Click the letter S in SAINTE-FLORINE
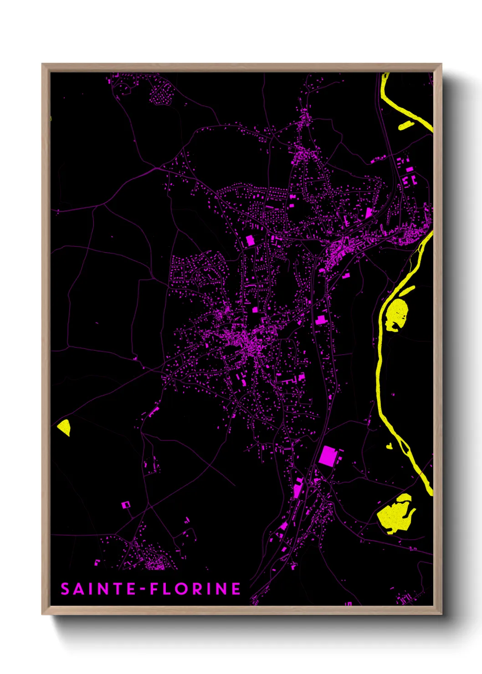tap(65, 589)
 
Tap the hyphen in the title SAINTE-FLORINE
tap(143, 589)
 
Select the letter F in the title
tap(155, 589)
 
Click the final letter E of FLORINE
tap(236, 589)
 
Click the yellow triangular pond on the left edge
tap(64, 427)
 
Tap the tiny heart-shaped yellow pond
tap(389, 446)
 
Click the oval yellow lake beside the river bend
tap(396, 313)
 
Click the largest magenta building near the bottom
tap(328, 456)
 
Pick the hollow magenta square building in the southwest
tap(125, 505)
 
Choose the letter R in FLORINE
tap(198, 589)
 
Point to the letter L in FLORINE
tap(168, 589)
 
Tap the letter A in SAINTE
tap(79, 589)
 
